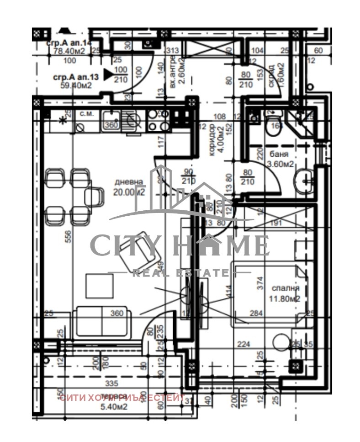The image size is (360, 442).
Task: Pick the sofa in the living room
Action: click(x=102, y=322)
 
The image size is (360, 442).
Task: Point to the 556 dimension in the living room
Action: click(x=68, y=235)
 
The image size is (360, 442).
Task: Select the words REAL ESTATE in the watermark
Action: click(x=180, y=273)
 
